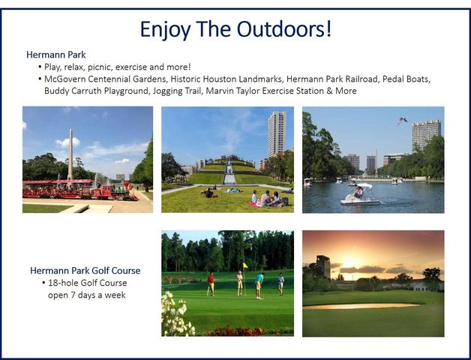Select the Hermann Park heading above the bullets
pyautogui.click(x=56, y=55)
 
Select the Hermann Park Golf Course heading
pyautogui.click(x=85, y=270)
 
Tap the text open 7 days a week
pyautogui.click(x=85, y=295)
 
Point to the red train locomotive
pyautogui.click(x=120, y=190)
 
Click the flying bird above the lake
pyautogui.click(x=403, y=120)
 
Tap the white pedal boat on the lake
pyautogui.click(x=360, y=196)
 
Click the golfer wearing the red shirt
pyautogui.click(x=211, y=283)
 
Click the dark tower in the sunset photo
pyautogui.click(x=322, y=266)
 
